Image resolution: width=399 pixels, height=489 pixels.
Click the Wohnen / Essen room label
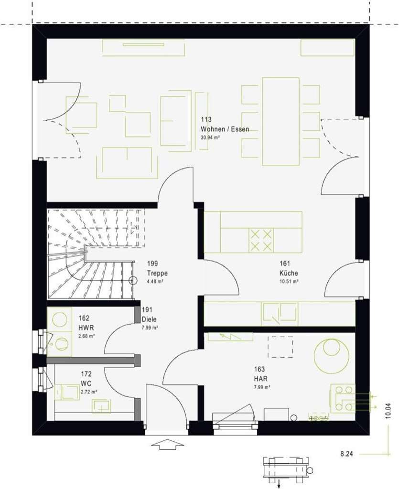pos(225,129)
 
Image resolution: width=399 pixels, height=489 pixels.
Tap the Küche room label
pos(289,273)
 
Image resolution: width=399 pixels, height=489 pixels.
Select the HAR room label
pos(260,379)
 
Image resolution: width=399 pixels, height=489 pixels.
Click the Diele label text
pos(149,319)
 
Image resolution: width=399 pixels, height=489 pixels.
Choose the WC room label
pos(86,383)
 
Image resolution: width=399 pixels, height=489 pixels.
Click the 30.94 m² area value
pos(210,138)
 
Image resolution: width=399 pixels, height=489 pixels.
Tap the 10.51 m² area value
pos(289,281)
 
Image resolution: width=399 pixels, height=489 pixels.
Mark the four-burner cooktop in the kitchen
pos(261,240)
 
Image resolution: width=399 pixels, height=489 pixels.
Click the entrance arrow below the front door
pos(168,445)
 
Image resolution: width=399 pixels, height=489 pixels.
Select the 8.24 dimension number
pos(346,454)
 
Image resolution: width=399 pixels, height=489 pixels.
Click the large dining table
pos(280,119)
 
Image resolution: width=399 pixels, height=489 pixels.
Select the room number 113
pos(206,120)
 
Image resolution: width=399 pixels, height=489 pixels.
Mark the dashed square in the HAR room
pos(280,347)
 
